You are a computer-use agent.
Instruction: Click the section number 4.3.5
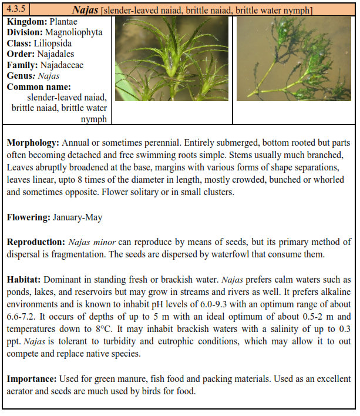pos(18,10)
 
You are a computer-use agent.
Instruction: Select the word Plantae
pos(61,22)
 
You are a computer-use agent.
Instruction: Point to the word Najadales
pos(59,54)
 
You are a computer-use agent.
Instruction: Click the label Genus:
pos(21,76)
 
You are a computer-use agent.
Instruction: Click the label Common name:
pos(39,86)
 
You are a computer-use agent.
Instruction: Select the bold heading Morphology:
pos(33,143)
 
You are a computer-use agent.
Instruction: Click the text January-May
pos(78,217)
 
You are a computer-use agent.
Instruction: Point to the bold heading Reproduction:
pos(35,242)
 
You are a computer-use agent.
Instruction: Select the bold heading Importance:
pos(31,378)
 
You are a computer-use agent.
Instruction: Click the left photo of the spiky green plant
pos(172,59)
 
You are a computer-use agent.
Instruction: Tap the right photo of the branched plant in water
pos(294,59)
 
